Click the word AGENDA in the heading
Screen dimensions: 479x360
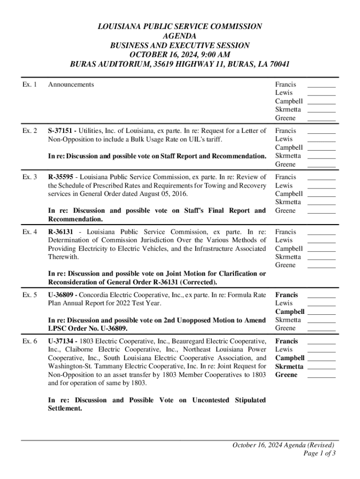tap(180, 36)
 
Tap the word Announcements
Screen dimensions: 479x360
tap(71, 85)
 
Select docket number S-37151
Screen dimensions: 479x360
tap(62, 131)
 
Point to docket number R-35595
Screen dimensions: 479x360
tap(63, 177)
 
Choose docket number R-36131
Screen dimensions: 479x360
tap(63, 232)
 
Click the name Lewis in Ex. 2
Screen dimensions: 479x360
tap(284, 139)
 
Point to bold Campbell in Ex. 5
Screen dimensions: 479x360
tap(290, 312)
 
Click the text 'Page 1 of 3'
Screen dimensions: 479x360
tap(319, 453)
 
